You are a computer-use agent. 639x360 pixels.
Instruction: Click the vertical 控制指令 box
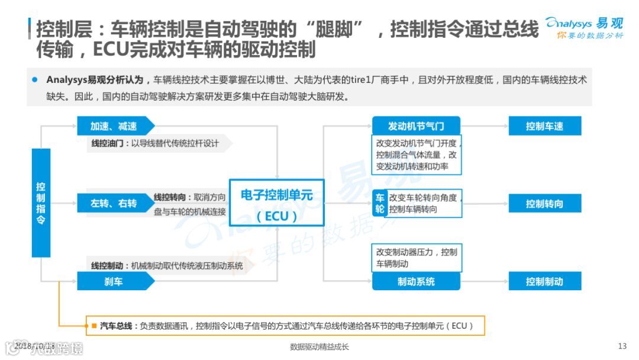coord(41,202)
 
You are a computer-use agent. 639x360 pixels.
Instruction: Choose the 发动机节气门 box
coord(415,126)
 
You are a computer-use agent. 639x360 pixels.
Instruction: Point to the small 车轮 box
coord(379,203)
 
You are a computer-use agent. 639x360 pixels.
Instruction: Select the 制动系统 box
coord(415,281)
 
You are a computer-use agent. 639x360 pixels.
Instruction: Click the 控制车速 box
coord(544,126)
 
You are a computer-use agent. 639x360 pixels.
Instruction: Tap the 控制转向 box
coord(544,204)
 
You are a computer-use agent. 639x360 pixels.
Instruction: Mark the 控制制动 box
coord(544,281)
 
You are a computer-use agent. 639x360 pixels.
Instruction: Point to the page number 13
coord(622,346)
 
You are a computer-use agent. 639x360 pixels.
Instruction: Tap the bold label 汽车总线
coord(116,326)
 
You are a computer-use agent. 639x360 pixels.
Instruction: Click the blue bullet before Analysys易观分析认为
coord(34,79)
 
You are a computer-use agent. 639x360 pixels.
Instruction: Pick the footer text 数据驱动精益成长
coord(319,347)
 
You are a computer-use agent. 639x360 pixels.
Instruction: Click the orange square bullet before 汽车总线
coord(93,326)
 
